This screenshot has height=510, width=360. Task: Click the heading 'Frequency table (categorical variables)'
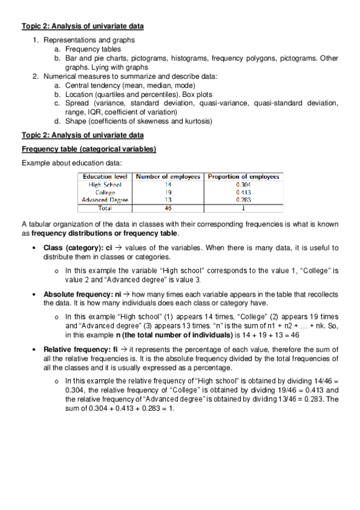89,149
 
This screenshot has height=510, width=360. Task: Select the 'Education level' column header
105,177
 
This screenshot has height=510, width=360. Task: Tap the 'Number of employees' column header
168,177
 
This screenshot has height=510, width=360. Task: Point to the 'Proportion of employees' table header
243,177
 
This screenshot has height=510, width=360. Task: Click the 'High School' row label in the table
105,185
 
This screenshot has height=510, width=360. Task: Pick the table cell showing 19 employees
168,192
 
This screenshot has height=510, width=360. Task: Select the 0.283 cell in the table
243,200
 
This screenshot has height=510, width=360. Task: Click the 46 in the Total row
168,208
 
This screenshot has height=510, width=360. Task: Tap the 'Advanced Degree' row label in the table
105,200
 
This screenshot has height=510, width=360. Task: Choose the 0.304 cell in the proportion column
243,185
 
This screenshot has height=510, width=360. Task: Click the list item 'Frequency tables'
93,49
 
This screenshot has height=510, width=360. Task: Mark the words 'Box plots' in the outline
197,94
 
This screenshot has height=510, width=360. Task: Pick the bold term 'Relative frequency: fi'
81,349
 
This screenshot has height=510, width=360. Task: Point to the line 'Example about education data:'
72,163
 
